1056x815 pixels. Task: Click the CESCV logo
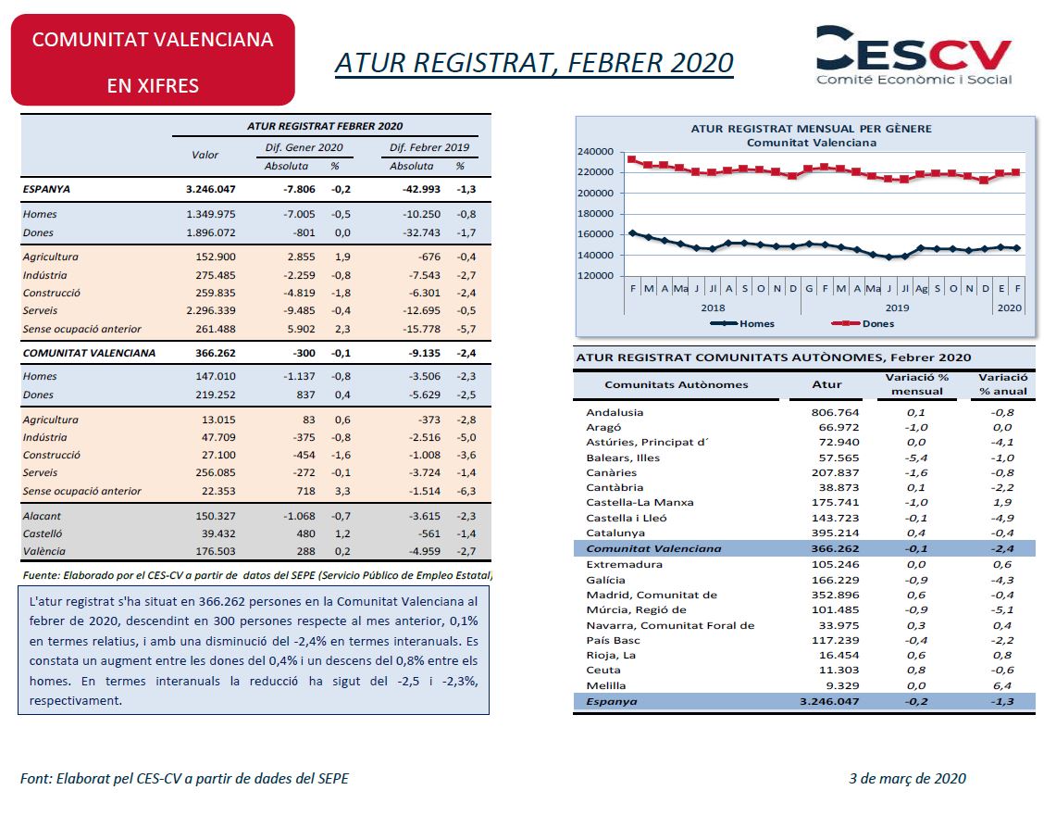coord(913,56)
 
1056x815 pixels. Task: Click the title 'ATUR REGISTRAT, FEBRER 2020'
coord(534,63)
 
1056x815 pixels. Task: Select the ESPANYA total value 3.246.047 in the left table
coord(211,190)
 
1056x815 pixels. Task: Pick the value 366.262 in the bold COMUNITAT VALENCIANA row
coord(216,353)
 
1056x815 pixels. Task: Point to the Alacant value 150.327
coord(216,517)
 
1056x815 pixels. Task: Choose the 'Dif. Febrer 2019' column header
coord(429,147)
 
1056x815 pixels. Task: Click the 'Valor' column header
coord(205,155)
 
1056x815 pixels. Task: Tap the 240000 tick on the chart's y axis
coord(595,152)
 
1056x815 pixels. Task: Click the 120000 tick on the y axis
coord(595,276)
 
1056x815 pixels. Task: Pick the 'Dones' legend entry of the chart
coord(863,323)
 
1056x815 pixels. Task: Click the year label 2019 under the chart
coord(897,307)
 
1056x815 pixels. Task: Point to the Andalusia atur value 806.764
coord(835,412)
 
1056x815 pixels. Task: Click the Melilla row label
coord(606,685)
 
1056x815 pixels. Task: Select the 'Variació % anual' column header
coord(1003,384)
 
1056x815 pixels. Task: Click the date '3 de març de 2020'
coord(907,779)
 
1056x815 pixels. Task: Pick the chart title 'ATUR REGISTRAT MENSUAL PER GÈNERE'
coord(811,129)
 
